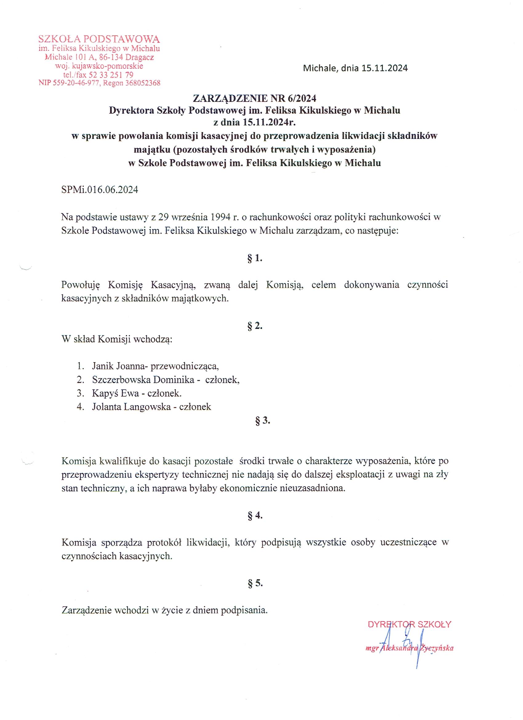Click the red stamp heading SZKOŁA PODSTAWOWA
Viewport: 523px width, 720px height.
[x=99, y=39]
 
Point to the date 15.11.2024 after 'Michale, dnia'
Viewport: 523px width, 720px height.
[x=384, y=68]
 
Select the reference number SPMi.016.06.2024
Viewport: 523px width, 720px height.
[x=100, y=190]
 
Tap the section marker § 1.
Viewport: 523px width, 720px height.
[x=255, y=258]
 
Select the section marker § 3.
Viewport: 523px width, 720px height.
[x=263, y=421]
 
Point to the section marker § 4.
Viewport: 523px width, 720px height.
[x=255, y=516]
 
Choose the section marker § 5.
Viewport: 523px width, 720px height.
[x=255, y=583]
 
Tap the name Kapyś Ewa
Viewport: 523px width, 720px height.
[x=115, y=393]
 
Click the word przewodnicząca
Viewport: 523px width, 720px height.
[x=185, y=366]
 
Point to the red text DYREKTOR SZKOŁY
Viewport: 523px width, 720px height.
[x=409, y=625]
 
